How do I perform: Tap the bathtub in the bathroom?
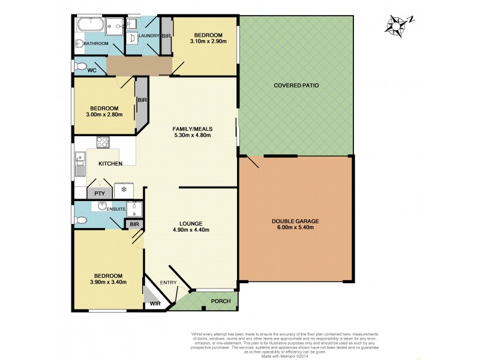tap(89, 26)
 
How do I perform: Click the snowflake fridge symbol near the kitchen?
tap(124, 190)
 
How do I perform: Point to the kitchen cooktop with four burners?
tap(102, 142)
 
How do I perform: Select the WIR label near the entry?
tap(155, 304)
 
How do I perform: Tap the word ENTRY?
tap(167, 283)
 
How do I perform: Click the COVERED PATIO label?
tap(296, 86)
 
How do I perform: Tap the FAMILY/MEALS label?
tap(192, 128)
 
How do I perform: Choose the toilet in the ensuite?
tap(82, 220)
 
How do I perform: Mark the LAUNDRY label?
tap(148, 36)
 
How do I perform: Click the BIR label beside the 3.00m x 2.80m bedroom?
tap(142, 100)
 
